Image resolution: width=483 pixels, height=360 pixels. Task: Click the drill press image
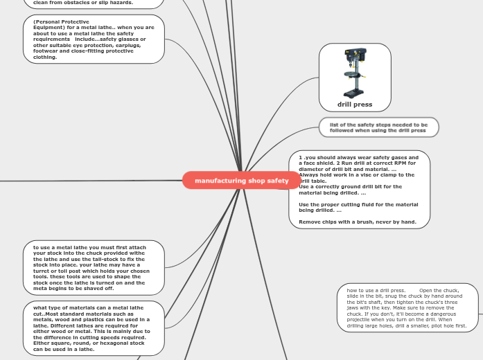[x=355, y=73]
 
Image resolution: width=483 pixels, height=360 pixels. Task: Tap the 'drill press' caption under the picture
[x=355, y=105]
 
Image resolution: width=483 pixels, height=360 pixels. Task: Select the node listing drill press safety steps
[x=378, y=127]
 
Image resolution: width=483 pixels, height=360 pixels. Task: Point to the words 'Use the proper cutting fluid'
[x=330, y=204]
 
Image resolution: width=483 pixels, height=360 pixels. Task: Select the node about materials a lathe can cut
[x=94, y=328]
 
